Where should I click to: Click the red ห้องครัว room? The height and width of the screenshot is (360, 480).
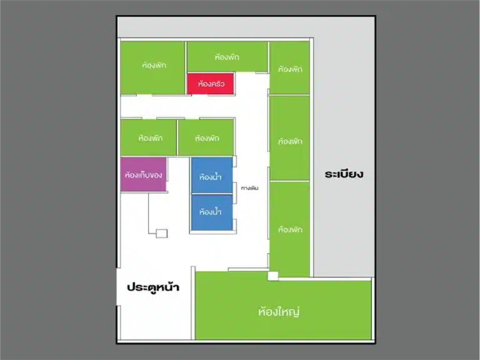[x=211, y=84]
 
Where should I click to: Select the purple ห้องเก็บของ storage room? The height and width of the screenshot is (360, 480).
[x=144, y=174]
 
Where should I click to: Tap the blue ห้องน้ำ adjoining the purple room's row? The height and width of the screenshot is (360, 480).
[x=212, y=176]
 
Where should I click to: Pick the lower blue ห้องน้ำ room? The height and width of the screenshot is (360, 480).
[x=212, y=212]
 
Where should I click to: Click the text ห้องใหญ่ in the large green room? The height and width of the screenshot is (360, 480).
[x=279, y=312]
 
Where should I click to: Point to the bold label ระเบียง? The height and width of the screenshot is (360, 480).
[x=344, y=174]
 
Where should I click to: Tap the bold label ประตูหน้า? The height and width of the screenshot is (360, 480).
[x=153, y=287]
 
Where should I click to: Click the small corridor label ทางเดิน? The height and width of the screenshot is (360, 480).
[x=250, y=188]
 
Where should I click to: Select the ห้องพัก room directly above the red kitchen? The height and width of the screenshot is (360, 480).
[x=227, y=57]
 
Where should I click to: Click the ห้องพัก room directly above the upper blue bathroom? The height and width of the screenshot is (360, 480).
[x=206, y=137]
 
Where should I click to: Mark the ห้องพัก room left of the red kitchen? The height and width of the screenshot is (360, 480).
[x=152, y=67]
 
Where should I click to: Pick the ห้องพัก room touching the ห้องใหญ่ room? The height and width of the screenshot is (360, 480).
[x=289, y=229]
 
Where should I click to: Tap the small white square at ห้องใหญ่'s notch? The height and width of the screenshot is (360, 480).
[x=273, y=276]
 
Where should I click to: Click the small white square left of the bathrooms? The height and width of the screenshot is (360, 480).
[x=162, y=234]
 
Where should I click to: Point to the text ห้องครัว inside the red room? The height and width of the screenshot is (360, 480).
[x=211, y=84]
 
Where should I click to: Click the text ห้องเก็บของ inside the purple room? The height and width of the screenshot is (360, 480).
[x=144, y=175]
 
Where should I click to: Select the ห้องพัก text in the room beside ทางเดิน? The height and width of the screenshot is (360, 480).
[x=290, y=141]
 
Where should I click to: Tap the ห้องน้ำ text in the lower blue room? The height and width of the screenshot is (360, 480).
[x=210, y=212]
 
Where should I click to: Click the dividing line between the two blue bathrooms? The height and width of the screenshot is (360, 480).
[x=212, y=194]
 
